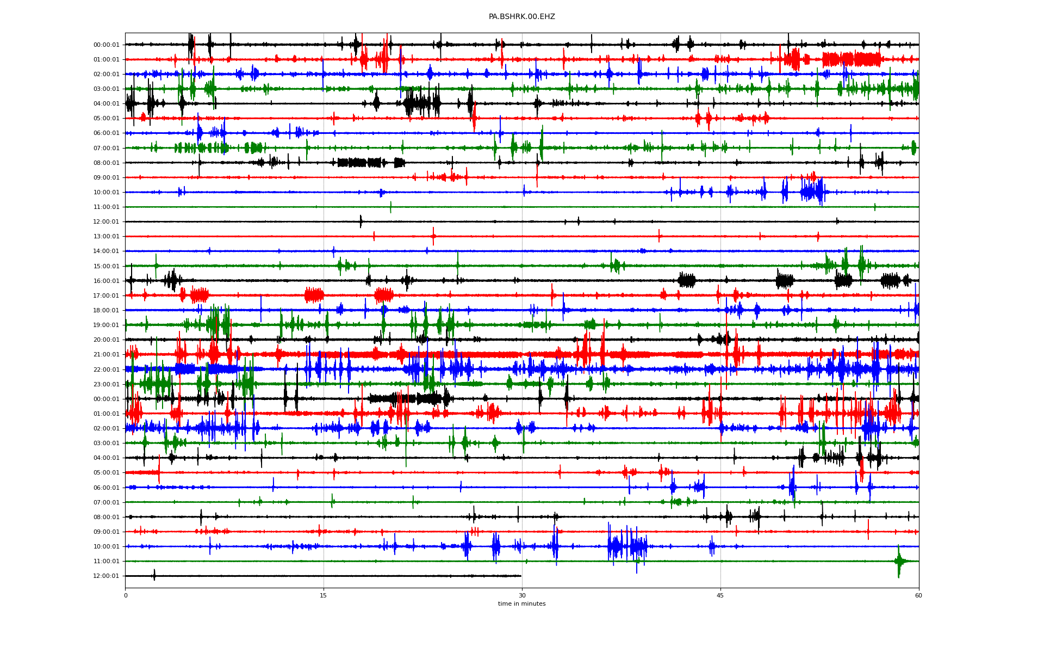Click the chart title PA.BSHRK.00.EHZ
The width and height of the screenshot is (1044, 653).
pyautogui.click(x=521, y=17)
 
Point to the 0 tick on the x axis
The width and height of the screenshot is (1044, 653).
pyautogui.click(x=126, y=595)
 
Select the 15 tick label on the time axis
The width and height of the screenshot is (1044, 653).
pyautogui.click(x=324, y=595)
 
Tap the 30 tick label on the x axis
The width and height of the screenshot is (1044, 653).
pyautogui.click(x=522, y=595)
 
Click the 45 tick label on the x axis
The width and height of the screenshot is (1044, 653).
pyautogui.click(x=720, y=595)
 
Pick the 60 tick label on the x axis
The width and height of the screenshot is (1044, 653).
pyautogui.click(x=918, y=595)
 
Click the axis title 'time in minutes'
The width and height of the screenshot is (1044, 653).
pyautogui.click(x=521, y=603)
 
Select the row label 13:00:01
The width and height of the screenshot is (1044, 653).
pyautogui.click(x=106, y=237)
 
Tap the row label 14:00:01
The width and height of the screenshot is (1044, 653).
pyautogui.click(x=106, y=251)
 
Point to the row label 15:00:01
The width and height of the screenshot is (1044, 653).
pyautogui.click(x=106, y=267)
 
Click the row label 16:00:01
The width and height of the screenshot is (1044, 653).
pyautogui.click(x=106, y=281)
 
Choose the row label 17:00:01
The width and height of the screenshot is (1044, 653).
pyautogui.click(x=106, y=296)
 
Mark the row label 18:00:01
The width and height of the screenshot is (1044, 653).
pyautogui.click(x=106, y=311)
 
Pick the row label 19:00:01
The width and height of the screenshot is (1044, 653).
pyautogui.click(x=106, y=325)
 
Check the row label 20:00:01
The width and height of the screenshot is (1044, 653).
pyautogui.click(x=106, y=340)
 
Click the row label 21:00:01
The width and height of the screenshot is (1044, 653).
pyautogui.click(x=106, y=355)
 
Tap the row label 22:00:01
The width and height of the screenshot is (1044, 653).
pyautogui.click(x=106, y=370)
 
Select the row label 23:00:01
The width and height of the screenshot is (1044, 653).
pyautogui.click(x=106, y=385)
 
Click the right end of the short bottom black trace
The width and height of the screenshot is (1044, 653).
pyautogui.click(x=521, y=576)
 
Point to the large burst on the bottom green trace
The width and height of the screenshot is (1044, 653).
pyautogui.click(x=899, y=561)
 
